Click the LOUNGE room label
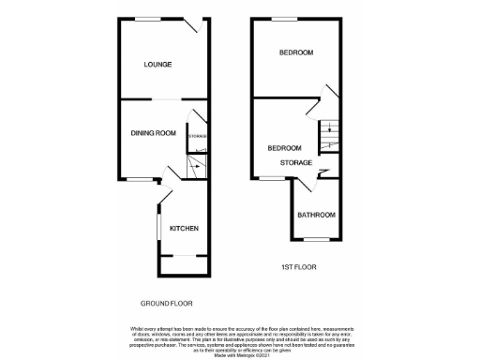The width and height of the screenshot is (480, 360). tap(157, 64)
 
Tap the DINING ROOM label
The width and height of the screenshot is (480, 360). tap(153, 133)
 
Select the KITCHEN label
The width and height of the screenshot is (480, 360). tap(184, 228)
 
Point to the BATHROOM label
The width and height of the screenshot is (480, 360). tap(317, 215)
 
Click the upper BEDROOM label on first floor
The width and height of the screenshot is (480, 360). tap(295, 52)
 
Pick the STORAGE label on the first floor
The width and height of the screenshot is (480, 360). tap(295, 162)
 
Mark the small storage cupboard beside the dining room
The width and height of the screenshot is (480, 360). tap(197, 137)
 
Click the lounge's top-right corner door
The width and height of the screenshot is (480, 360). tap(200, 27)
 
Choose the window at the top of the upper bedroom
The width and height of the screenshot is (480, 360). tap(284, 18)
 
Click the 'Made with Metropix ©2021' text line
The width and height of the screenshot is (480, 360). tap(239, 353)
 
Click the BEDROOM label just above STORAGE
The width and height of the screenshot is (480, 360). tap(284, 148)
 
